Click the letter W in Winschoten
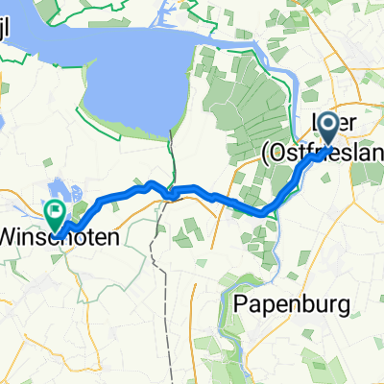point(12,233)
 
